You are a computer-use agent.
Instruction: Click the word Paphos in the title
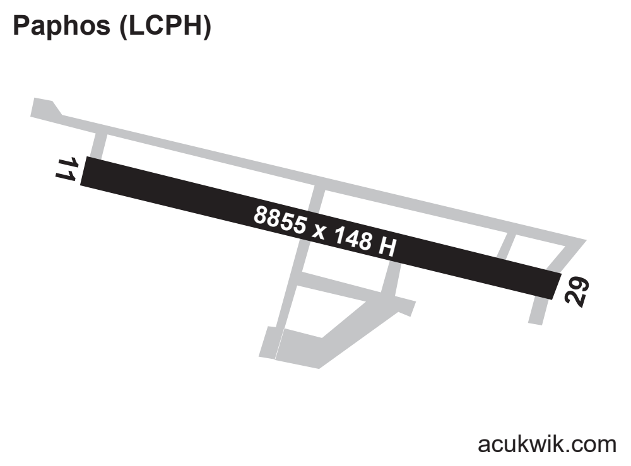[62, 26]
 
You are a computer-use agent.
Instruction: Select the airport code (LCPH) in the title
[165, 26]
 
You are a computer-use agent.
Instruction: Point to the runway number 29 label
[577, 291]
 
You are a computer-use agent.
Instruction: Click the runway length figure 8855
[281, 220]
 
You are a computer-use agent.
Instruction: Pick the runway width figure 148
[353, 238]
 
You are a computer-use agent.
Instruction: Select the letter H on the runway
[387, 246]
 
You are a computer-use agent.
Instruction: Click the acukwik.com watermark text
[547, 445]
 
